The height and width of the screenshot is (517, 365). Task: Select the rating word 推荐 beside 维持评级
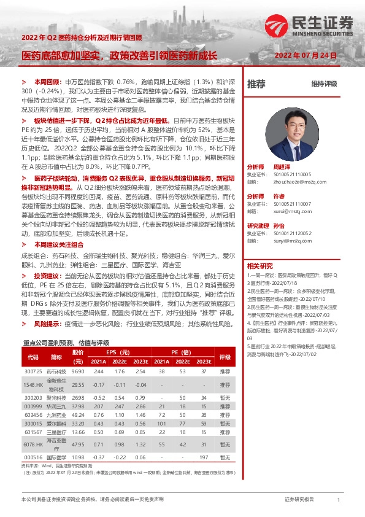(x=256, y=84)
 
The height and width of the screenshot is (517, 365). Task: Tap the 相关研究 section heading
(x=259, y=266)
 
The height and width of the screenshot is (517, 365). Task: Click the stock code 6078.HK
(x=33, y=445)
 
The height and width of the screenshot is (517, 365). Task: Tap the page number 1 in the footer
(x=339, y=500)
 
